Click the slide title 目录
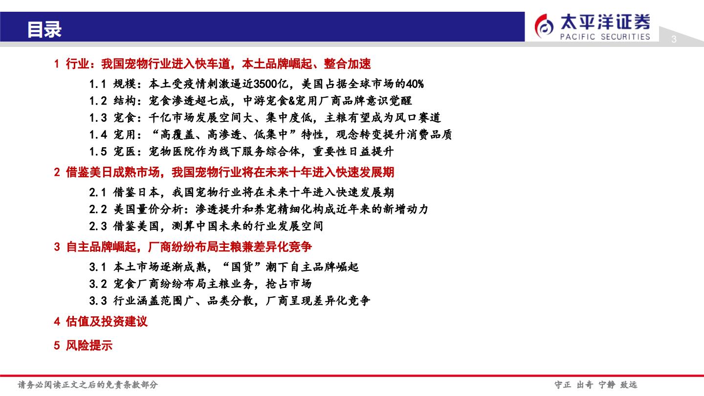(x=44, y=29)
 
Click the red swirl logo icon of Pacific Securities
(x=544, y=26)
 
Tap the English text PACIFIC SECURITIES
(x=605, y=37)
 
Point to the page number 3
(x=674, y=39)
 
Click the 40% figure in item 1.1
(x=415, y=84)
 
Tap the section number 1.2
(x=98, y=101)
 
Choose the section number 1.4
(x=98, y=135)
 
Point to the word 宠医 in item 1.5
(x=125, y=152)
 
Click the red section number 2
(x=57, y=172)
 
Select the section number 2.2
(x=98, y=209)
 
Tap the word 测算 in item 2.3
(x=183, y=226)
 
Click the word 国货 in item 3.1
(x=242, y=267)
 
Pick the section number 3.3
(x=98, y=301)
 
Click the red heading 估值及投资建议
(x=107, y=322)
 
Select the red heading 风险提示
(x=89, y=346)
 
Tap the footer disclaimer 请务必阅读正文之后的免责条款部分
(x=88, y=385)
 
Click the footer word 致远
(x=629, y=385)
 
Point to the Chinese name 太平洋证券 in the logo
(x=605, y=22)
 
